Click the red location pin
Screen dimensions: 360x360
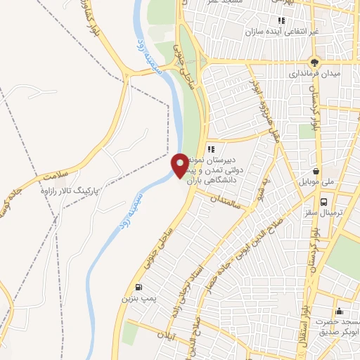point(180,166)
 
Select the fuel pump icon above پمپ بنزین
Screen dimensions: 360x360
point(138,286)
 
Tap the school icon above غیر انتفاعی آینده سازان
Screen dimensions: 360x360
point(282,21)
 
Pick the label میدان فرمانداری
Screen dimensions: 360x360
point(316,72)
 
